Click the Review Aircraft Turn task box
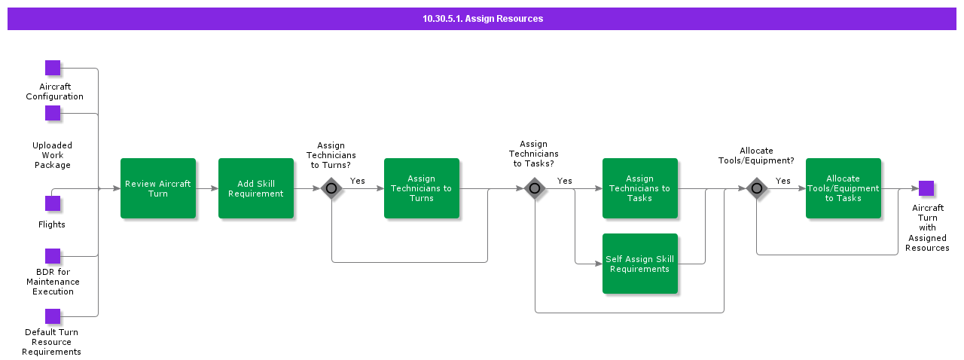158,188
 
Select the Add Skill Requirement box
256,188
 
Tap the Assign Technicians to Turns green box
422,188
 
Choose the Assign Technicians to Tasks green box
640,188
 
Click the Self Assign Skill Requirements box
640,264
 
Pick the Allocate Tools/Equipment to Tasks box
843,188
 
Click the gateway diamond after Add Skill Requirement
331,188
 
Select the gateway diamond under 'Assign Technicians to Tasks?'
535,188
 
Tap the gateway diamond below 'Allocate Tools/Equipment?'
757,188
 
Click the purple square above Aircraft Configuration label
53,68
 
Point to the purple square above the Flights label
53,203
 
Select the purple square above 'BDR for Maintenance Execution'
53,256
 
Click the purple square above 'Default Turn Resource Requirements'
53,316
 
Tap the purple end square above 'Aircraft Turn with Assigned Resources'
926,188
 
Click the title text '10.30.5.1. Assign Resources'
482,19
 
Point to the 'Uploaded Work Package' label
53,155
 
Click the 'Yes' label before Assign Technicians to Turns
357,181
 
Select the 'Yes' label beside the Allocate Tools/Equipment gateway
783,181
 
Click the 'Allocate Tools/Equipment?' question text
756,155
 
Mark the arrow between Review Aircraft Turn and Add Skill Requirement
207,188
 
